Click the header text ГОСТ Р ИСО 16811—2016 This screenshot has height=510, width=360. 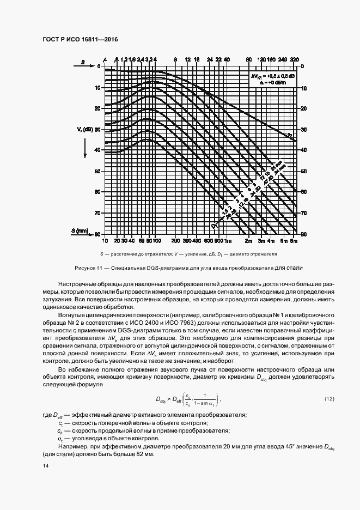(80, 40)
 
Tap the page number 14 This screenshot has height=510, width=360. (45, 465)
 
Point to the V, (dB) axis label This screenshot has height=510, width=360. (86, 130)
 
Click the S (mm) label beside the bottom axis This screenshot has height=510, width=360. (81, 232)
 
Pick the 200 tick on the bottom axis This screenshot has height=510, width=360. (175, 240)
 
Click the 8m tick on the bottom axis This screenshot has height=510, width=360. (294, 240)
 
